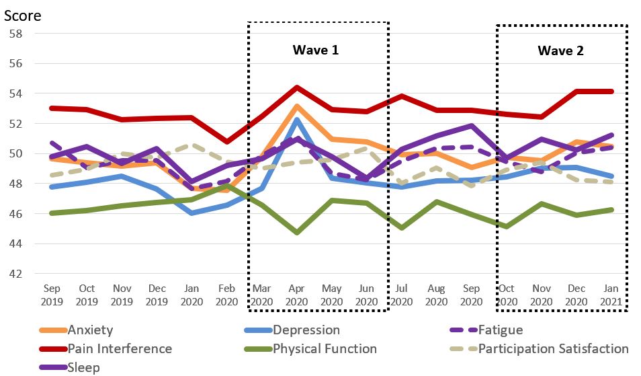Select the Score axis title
[22, 15]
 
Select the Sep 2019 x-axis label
[52, 295]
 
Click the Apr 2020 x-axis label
[296, 295]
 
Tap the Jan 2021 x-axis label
[610, 295]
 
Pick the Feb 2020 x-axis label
[226, 295]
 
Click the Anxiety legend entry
[90, 330]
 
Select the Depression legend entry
[306, 330]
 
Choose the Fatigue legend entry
[501, 330]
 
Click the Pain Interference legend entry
[120, 349]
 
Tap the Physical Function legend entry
[325, 349]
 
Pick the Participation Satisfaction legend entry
[554, 349]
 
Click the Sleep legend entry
[83, 367]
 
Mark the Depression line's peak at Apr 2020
[296, 120]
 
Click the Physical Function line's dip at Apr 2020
[296, 233]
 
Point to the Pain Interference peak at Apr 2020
[296, 87]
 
